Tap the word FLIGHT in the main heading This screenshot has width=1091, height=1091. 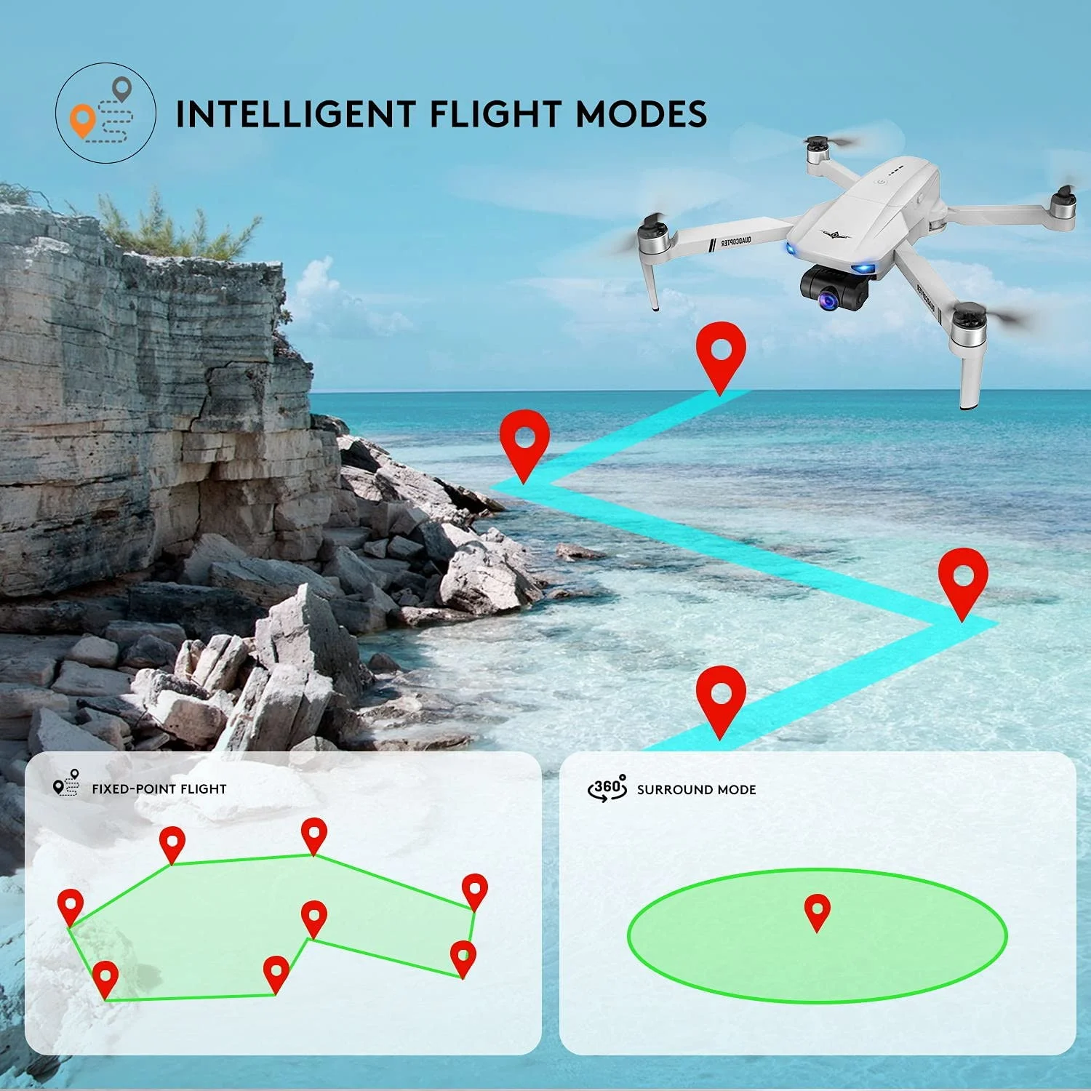[x=495, y=115]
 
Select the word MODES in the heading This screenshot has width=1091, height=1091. [x=641, y=115]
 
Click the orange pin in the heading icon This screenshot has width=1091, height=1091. [x=83, y=120]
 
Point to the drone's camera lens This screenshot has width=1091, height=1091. [x=830, y=299]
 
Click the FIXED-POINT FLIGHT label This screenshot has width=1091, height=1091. [x=159, y=789]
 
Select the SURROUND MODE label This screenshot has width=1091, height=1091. [x=696, y=790]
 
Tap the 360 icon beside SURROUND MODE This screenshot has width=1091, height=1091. [x=607, y=788]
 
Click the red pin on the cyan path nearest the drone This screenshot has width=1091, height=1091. [x=720, y=353]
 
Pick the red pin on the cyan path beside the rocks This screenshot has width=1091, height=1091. [x=524, y=440]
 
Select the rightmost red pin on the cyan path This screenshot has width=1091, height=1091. [x=963, y=579]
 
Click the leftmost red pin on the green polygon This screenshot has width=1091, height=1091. [x=71, y=905]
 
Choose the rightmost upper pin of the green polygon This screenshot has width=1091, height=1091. [x=474, y=890]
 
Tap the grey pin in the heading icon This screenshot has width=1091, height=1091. [x=122, y=89]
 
